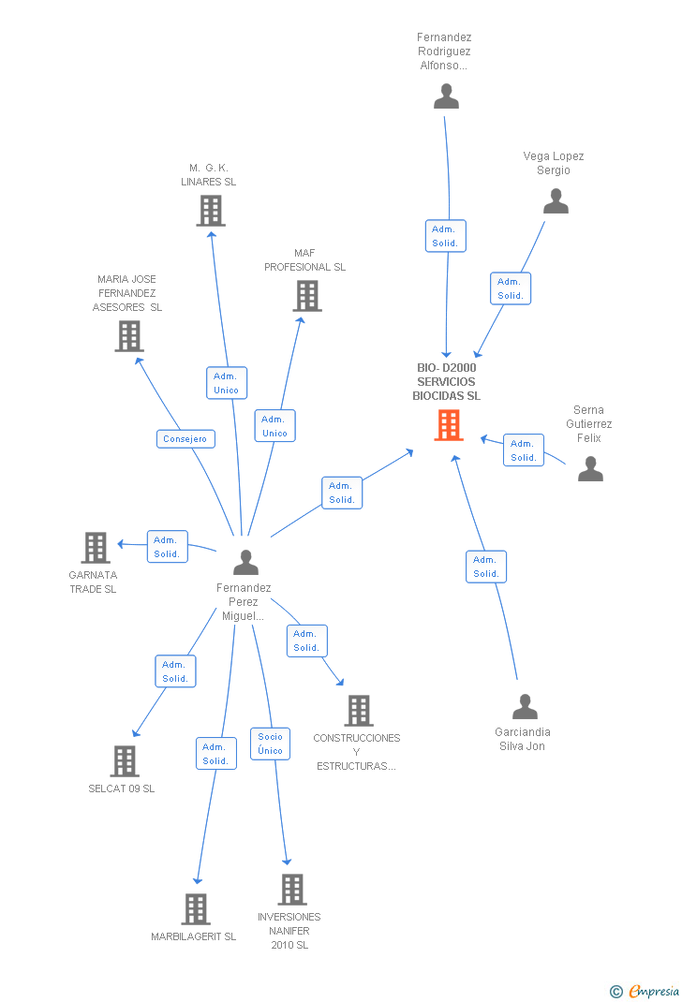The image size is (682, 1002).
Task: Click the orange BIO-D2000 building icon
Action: (450, 425)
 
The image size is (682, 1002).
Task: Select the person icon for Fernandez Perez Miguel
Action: (245, 562)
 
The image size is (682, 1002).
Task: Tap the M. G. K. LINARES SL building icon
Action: (211, 211)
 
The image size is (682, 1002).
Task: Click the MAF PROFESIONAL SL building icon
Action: (306, 296)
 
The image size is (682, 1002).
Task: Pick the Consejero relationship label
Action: (186, 439)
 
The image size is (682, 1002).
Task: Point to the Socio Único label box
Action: (270, 744)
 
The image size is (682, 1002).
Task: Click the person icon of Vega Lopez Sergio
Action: (556, 201)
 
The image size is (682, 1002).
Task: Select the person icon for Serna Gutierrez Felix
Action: (590, 468)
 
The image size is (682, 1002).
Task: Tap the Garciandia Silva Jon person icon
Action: (526, 706)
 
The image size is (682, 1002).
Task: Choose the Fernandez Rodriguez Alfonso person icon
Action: (447, 96)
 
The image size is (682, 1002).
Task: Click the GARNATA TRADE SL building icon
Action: (96, 547)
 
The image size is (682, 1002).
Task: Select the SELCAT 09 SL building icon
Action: (125, 760)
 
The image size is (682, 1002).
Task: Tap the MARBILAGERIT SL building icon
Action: (195, 908)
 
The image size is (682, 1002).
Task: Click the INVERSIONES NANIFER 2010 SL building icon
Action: (292, 889)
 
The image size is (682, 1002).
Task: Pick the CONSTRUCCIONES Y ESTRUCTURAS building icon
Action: (359, 711)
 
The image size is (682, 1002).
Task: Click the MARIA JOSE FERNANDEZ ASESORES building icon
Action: (129, 335)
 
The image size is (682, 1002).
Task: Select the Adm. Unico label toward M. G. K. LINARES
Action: (226, 383)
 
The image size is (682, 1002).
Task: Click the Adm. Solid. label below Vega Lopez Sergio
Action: (511, 288)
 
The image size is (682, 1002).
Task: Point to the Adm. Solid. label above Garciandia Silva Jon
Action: (485, 567)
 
